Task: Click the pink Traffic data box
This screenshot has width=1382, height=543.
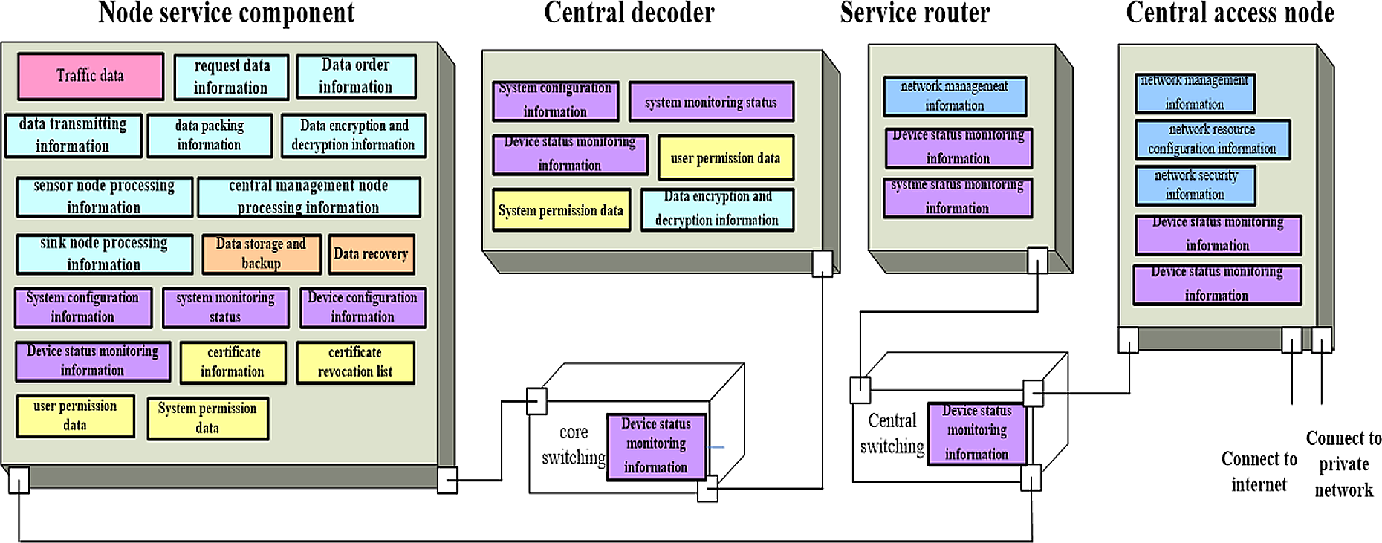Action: (91, 76)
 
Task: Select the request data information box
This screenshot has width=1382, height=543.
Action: (231, 77)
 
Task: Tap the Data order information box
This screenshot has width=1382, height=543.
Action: (356, 77)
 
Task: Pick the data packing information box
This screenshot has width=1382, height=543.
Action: (210, 135)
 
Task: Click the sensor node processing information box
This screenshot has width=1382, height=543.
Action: (104, 197)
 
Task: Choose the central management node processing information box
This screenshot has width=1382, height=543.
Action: (308, 197)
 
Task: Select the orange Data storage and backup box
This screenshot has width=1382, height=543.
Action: (261, 253)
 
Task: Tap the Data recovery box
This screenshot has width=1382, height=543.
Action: (371, 254)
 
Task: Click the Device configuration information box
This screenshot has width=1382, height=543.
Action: (363, 308)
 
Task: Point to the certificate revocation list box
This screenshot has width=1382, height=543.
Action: (355, 362)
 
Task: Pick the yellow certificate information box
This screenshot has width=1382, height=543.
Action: (233, 362)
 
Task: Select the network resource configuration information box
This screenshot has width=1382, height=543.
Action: (1212, 140)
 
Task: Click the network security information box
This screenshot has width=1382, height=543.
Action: (1195, 185)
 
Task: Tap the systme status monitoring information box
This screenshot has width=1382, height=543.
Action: (957, 198)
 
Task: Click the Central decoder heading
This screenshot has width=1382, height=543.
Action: (629, 13)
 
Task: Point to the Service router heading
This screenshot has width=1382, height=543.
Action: (915, 13)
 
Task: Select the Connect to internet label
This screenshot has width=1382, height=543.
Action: (1259, 472)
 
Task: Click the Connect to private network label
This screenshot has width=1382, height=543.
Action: (1343, 464)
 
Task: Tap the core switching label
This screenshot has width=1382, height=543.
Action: (573, 444)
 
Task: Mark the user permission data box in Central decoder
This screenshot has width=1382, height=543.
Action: (725, 158)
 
